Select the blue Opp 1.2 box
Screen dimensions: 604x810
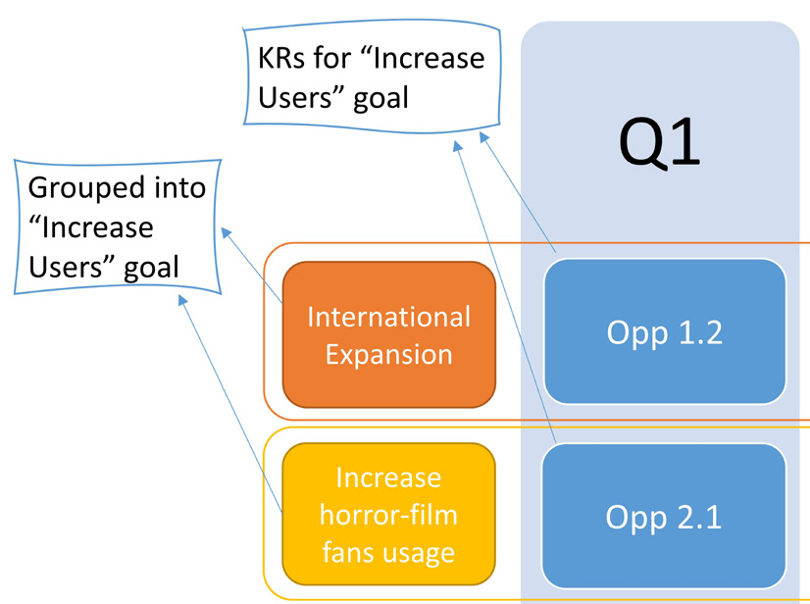pos(665,331)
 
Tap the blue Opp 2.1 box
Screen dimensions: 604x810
pos(665,516)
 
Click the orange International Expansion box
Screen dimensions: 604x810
pos(388,334)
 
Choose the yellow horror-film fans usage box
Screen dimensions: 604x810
pos(388,515)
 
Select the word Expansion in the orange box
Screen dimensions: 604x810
pos(388,354)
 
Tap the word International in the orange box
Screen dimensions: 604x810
pos(388,317)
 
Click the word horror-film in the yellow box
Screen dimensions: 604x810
pos(388,515)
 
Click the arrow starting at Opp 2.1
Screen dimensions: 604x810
pos(506,294)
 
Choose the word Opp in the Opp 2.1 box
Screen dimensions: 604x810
pos(636,516)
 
